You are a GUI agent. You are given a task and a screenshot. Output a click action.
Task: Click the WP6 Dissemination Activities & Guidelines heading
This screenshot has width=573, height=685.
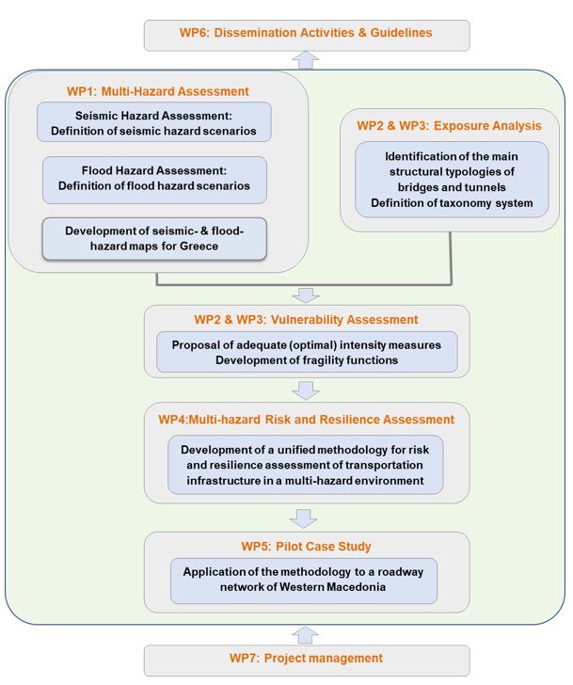point(306,33)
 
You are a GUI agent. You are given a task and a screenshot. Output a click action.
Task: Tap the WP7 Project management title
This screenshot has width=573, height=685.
point(306,658)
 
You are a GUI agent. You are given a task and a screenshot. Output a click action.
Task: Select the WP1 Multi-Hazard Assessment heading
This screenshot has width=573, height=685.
point(158,91)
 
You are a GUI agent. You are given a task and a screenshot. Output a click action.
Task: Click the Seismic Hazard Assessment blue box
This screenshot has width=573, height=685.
point(153,122)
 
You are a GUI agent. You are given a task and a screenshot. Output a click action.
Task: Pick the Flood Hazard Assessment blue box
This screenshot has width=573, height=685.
point(154,180)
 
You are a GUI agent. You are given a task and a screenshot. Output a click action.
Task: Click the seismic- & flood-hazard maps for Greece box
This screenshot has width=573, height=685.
point(154,239)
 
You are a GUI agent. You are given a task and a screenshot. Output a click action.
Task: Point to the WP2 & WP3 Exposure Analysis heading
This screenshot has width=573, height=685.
point(449,126)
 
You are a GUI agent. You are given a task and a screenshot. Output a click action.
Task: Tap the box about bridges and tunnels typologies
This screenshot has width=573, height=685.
point(452,180)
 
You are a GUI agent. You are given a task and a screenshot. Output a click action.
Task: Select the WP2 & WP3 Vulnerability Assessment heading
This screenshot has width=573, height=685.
point(306,319)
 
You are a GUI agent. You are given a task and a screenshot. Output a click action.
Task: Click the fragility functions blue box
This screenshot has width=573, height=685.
point(307,352)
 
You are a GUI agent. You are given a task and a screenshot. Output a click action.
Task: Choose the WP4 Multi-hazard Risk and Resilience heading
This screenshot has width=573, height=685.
point(306,420)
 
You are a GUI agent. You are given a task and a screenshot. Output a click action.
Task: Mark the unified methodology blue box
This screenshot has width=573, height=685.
point(305,465)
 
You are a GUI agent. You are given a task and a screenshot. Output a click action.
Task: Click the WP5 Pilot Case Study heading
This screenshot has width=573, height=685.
point(306,546)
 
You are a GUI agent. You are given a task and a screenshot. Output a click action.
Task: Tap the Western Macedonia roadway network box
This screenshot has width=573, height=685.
point(304,581)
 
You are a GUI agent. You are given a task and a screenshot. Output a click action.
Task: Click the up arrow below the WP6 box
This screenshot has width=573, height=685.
point(306,60)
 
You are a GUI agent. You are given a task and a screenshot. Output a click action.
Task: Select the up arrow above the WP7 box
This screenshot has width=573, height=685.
point(305,636)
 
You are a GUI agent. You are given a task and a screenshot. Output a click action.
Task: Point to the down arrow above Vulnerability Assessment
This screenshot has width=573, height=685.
point(306,295)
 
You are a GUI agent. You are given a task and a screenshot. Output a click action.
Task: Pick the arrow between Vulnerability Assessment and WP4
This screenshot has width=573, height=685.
point(306,390)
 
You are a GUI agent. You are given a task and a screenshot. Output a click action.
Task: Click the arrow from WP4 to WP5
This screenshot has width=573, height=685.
point(304,518)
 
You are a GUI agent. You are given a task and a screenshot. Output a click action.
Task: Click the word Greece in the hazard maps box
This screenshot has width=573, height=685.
point(199,246)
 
